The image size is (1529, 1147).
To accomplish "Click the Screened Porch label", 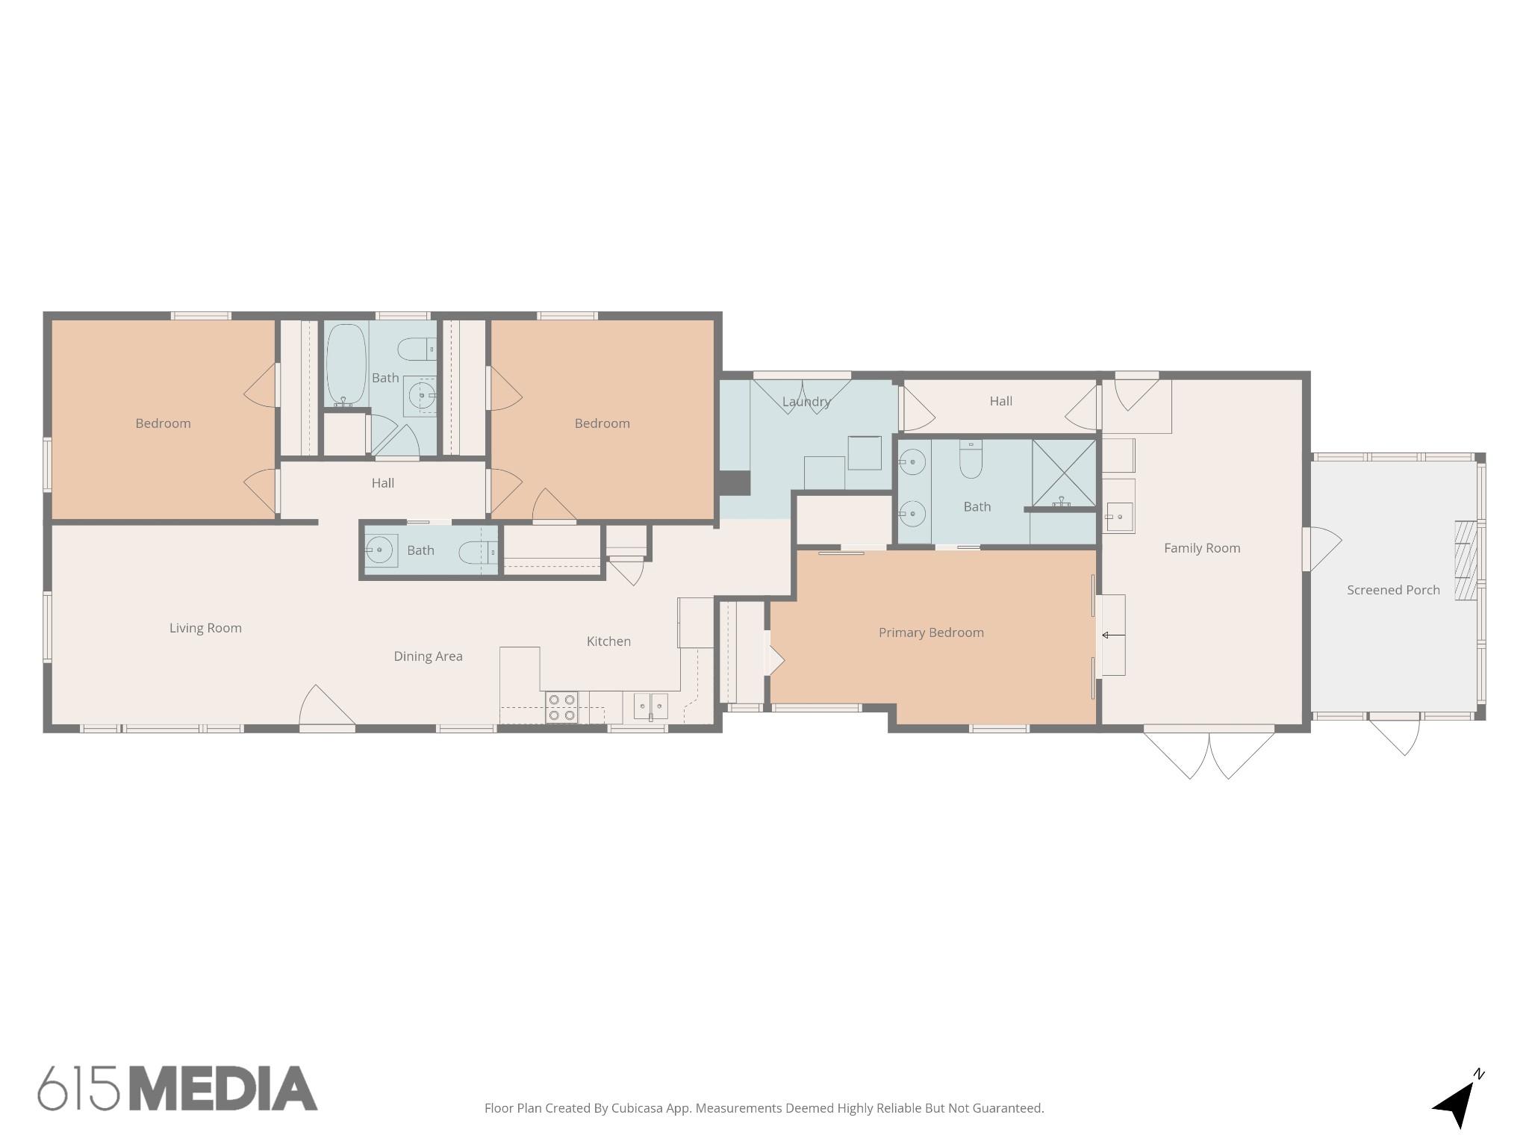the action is pyautogui.click(x=1393, y=590).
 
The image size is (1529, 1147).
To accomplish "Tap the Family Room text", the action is pyautogui.click(x=1202, y=548).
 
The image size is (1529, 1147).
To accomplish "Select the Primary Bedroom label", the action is pyautogui.click(x=931, y=632).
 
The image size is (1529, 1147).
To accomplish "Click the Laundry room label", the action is pyautogui.click(x=806, y=402).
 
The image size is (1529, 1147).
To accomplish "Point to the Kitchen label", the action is pyautogui.click(x=608, y=641).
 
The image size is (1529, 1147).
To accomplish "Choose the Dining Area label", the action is pyautogui.click(x=428, y=656).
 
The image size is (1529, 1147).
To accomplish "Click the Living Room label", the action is pyautogui.click(x=205, y=628).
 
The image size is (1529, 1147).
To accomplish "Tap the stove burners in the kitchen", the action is pyautogui.click(x=561, y=707).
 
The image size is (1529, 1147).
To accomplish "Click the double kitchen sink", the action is pyautogui.click(x=650, y=706).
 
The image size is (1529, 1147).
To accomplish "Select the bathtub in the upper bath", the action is pyautogui.click(x=346, y=365).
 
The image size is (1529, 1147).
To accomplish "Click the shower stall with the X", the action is pyautogui.click(x=1064, y=473).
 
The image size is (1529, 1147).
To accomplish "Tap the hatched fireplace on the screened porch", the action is pyautogui.click(x=1466, y=561).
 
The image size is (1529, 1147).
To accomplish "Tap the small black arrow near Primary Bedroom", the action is pyautogui.click(x=1113, y=635).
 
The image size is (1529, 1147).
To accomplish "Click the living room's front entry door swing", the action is pyautogui.click(x=327, y=705).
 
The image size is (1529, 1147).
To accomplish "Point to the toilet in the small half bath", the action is pyautogui.click(x=473, y=553).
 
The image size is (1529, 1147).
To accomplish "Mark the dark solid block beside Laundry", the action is pyautogui.click(x=734, y=482).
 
